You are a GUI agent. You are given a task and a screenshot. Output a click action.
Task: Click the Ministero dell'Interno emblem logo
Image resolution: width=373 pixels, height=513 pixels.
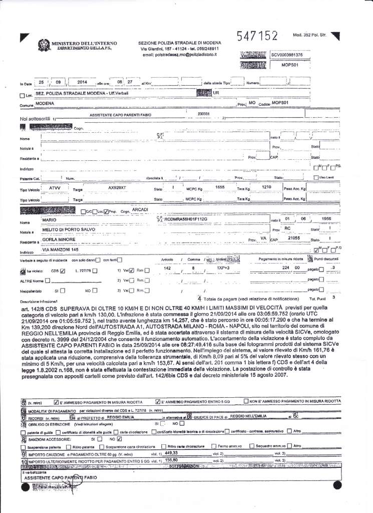[x=44, y=47]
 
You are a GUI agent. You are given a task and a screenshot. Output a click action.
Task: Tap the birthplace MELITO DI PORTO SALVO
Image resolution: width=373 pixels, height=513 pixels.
[x=70, y=229]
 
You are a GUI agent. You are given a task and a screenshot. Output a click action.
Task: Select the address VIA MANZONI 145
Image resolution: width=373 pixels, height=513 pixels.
[x=61, y=249]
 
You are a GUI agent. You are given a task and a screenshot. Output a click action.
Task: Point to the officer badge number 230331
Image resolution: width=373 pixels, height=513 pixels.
[x=204, y=114]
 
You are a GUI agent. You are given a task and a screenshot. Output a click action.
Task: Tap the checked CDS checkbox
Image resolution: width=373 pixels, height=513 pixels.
[x=63, y=272]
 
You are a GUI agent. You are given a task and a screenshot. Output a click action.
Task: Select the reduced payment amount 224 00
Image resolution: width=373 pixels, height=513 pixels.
[x=290, y=269]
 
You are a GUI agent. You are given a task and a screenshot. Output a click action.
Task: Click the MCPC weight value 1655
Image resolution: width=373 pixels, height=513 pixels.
[x=219, y=186]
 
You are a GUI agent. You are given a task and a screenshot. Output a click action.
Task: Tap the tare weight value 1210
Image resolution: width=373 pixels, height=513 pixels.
[x=267, y=186]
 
